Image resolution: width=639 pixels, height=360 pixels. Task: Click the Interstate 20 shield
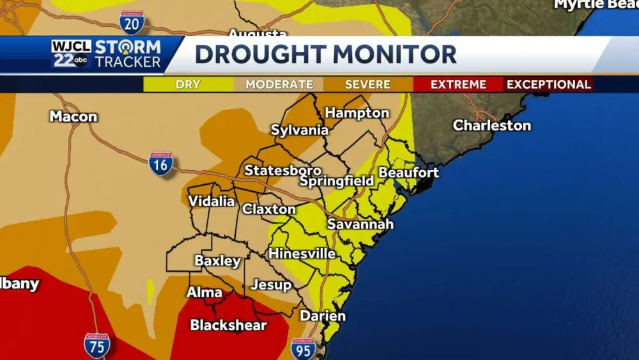coord(131,22)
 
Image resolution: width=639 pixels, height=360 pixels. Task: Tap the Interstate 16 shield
coord(161,164)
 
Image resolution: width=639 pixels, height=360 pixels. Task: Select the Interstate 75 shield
coord(96,345)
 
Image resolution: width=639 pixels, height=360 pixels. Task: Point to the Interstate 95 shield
coord(304,349)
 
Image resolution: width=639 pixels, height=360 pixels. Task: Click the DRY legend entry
coord(189,84)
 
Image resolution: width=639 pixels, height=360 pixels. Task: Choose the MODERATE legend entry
coord(279,84)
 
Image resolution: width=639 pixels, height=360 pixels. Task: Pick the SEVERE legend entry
coord(367,84)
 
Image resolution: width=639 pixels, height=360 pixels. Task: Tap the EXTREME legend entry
coord(458,84)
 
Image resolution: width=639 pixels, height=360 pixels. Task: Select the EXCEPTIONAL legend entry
coord(549,84)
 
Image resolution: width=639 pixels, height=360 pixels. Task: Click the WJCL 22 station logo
coord(71,54)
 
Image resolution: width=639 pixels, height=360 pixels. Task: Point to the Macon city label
coord(73,116)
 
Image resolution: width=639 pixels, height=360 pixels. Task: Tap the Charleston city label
coord(492,125)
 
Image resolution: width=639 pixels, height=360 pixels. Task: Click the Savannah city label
coord(360,224)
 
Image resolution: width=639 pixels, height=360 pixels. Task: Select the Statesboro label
coord(283,171)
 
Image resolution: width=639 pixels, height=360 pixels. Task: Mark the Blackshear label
coord(228,325)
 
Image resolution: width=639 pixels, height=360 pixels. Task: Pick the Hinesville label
coord(302,254)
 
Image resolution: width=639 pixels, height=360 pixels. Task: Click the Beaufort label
coord(409,173)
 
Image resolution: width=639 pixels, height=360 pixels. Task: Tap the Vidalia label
coord(212,201)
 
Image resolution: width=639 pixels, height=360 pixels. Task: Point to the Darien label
coord(323,316)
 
